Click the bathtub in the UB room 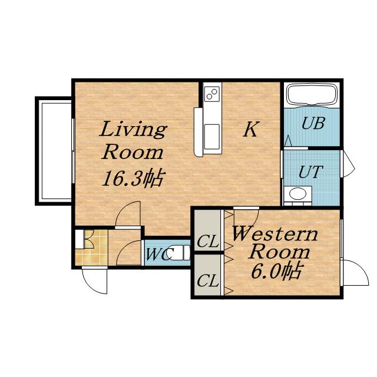pos(312,95)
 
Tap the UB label pos(313,123)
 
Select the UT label pos(310,171)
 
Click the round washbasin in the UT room pos(297,194)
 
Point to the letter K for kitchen pos(251,129)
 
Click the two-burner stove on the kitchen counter pos(212,94)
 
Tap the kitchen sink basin pos(212,137)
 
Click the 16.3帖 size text pos(134,178)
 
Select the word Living pos(133,130)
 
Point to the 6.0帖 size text pos(276,271)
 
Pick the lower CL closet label pos(208,280)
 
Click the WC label pos(160,254)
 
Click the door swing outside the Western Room pos(359,269)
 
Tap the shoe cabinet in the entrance pos(80,239)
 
